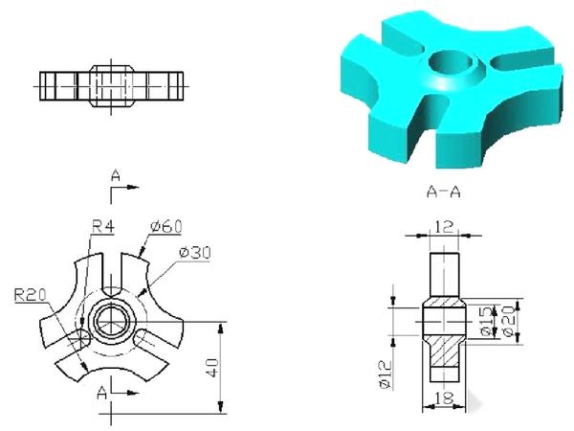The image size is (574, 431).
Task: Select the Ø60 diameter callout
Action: [166, 227]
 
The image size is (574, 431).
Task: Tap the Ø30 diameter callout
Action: [195, 253]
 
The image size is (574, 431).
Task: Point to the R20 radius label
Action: [26, 293]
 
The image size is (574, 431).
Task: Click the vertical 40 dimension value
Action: [213, 367]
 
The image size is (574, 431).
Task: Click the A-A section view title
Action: [442, 192]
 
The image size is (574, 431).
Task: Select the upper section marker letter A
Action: [115, 176]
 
